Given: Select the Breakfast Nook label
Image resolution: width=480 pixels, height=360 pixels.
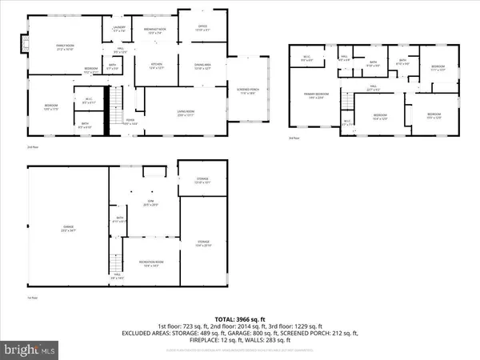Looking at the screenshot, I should [153, 31].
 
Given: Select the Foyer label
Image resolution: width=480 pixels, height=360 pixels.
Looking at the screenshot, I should [129, 122].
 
